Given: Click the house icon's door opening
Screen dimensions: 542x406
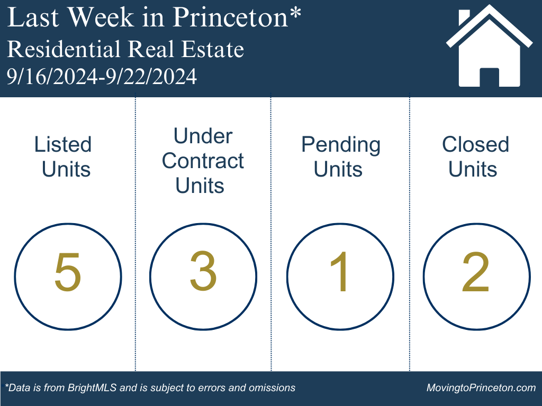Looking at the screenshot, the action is click(x=489, y=77).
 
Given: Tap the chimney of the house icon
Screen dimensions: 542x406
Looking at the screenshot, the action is click(x=464, y=17).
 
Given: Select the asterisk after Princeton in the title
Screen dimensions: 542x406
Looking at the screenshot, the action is click(x=295, y=13).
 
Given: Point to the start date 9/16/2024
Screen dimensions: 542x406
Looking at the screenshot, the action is click(x=52, y=76).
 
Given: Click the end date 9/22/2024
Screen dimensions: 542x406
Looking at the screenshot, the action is click(x=151, y=76).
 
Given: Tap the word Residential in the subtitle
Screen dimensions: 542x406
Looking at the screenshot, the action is click(x=64, y=49).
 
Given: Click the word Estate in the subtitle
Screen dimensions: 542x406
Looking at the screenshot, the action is click(x=213, y=49).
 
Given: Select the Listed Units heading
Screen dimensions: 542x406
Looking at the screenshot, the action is click(x=63, y=156).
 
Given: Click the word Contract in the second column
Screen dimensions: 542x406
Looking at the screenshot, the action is click(x=203, y=161).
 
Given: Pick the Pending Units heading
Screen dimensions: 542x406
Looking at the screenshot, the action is click(x=341, y=156).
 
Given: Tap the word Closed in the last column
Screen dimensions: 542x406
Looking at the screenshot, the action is click(x=476, y=144).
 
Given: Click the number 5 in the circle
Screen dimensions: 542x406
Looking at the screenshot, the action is click(x=68, y=272).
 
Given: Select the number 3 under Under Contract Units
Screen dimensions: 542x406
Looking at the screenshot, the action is click(x=203, y=271).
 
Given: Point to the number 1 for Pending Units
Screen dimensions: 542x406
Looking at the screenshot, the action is click(x=339, y=271).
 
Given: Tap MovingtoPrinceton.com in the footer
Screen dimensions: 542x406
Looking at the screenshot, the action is click(x=481, y=387).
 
